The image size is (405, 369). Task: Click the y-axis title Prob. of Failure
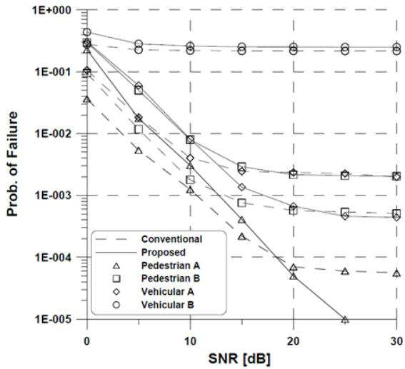pos(12,164)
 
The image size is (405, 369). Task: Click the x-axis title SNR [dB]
pos(239,358)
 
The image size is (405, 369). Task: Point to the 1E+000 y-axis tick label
pos(51,10)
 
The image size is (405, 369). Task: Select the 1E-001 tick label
pos(53,72)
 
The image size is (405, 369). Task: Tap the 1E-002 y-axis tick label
pos(53,133)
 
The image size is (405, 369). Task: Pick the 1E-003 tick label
pos(53,196)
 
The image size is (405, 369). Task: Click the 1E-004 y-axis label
pos(53,257)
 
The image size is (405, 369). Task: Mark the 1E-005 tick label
pos(53,319)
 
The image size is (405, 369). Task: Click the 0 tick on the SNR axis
pos(87,341)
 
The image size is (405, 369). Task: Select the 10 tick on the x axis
pos(190,341)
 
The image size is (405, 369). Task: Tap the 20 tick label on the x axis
pos(293,341)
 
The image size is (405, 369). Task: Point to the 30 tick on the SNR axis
pos(396,341)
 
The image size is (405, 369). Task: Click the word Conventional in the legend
pos(171,239)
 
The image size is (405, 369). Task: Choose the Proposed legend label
pos(164,253)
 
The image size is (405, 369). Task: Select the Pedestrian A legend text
pos(171,266)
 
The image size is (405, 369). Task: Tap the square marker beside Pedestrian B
pos(116,278)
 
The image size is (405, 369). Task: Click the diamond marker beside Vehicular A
pos(116,292)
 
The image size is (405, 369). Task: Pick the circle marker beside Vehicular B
pos(116,305)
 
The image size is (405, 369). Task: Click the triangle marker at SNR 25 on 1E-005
pos(345,320)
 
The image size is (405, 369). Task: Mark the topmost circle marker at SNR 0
pos(87,32)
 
